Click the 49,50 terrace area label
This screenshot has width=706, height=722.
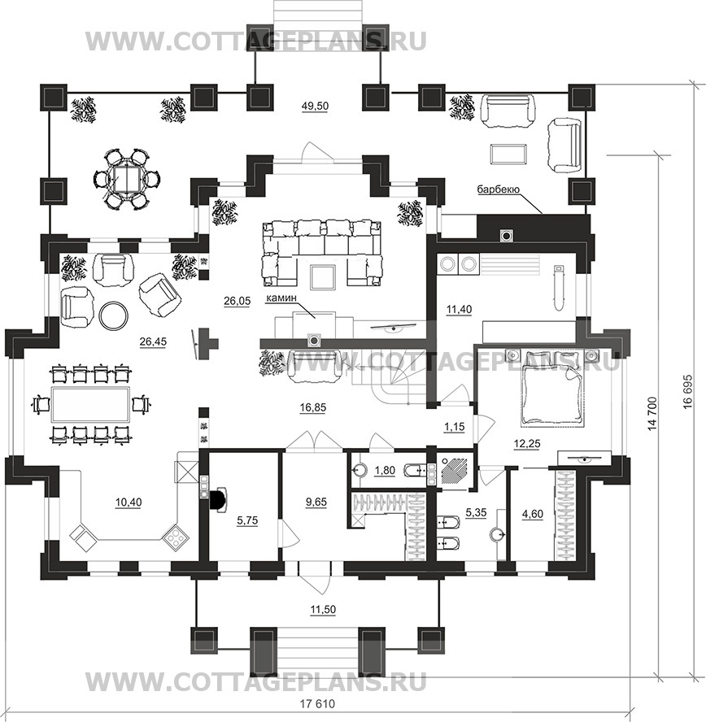click(x=315, y=106)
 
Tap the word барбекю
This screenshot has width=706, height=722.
click(x=499, y=189)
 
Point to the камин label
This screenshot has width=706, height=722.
click(x=281, y=298)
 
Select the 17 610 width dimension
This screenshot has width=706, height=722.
click(x=318, y=704)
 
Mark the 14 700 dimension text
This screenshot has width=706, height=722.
click(x=652, y=414)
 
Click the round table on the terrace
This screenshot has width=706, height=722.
click(x=124, y=179)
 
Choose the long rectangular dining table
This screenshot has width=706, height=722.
click(x=89, y=405)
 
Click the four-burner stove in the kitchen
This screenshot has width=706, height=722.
click(x=175, y=536)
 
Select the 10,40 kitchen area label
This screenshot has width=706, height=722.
click(x=129, y=502)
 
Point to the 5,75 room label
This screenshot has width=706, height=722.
click(x=247, y=521)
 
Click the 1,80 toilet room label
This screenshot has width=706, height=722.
click(x=385, y=471)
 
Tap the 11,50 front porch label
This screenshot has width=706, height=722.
click(x=323, y=610)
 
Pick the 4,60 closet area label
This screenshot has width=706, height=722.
click(x=532, y=514)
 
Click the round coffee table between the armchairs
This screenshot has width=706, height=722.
click(x=114, y=315)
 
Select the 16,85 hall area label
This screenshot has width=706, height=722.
click(x=312, y=407)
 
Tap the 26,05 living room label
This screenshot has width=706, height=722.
click(x=237, y=301)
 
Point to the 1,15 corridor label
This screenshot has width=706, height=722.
click(x=454, y=427)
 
